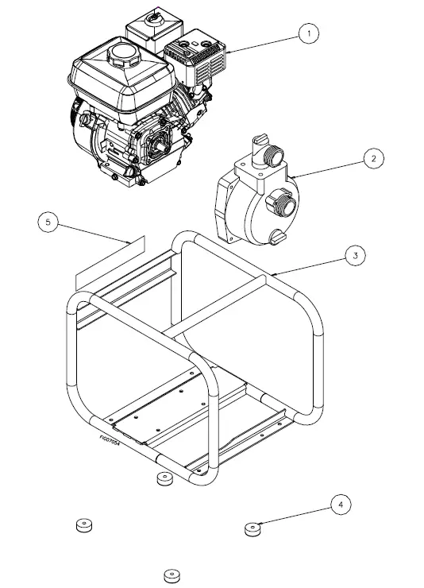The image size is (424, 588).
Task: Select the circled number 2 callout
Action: pyautogui.click(x=373, y=158)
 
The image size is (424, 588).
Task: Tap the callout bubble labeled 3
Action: pyautogui.click(x=355, y=255)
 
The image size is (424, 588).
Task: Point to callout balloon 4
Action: pyautogui.click(x=341, y=504)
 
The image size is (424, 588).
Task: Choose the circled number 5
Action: pyautogui.click(x=49, y=222)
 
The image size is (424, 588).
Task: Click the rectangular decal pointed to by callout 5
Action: pyautogui.click(x=110, y=262)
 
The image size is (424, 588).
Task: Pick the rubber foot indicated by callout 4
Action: pyautogui.click(x=253, y=529)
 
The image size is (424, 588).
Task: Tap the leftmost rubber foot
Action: pyautogui.click(x=83, y=525)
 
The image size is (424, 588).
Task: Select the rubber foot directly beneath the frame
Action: pyautogui.click(x=164, y=479)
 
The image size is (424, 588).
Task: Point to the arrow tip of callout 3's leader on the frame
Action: pyautogui.click(x=272, y=274)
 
